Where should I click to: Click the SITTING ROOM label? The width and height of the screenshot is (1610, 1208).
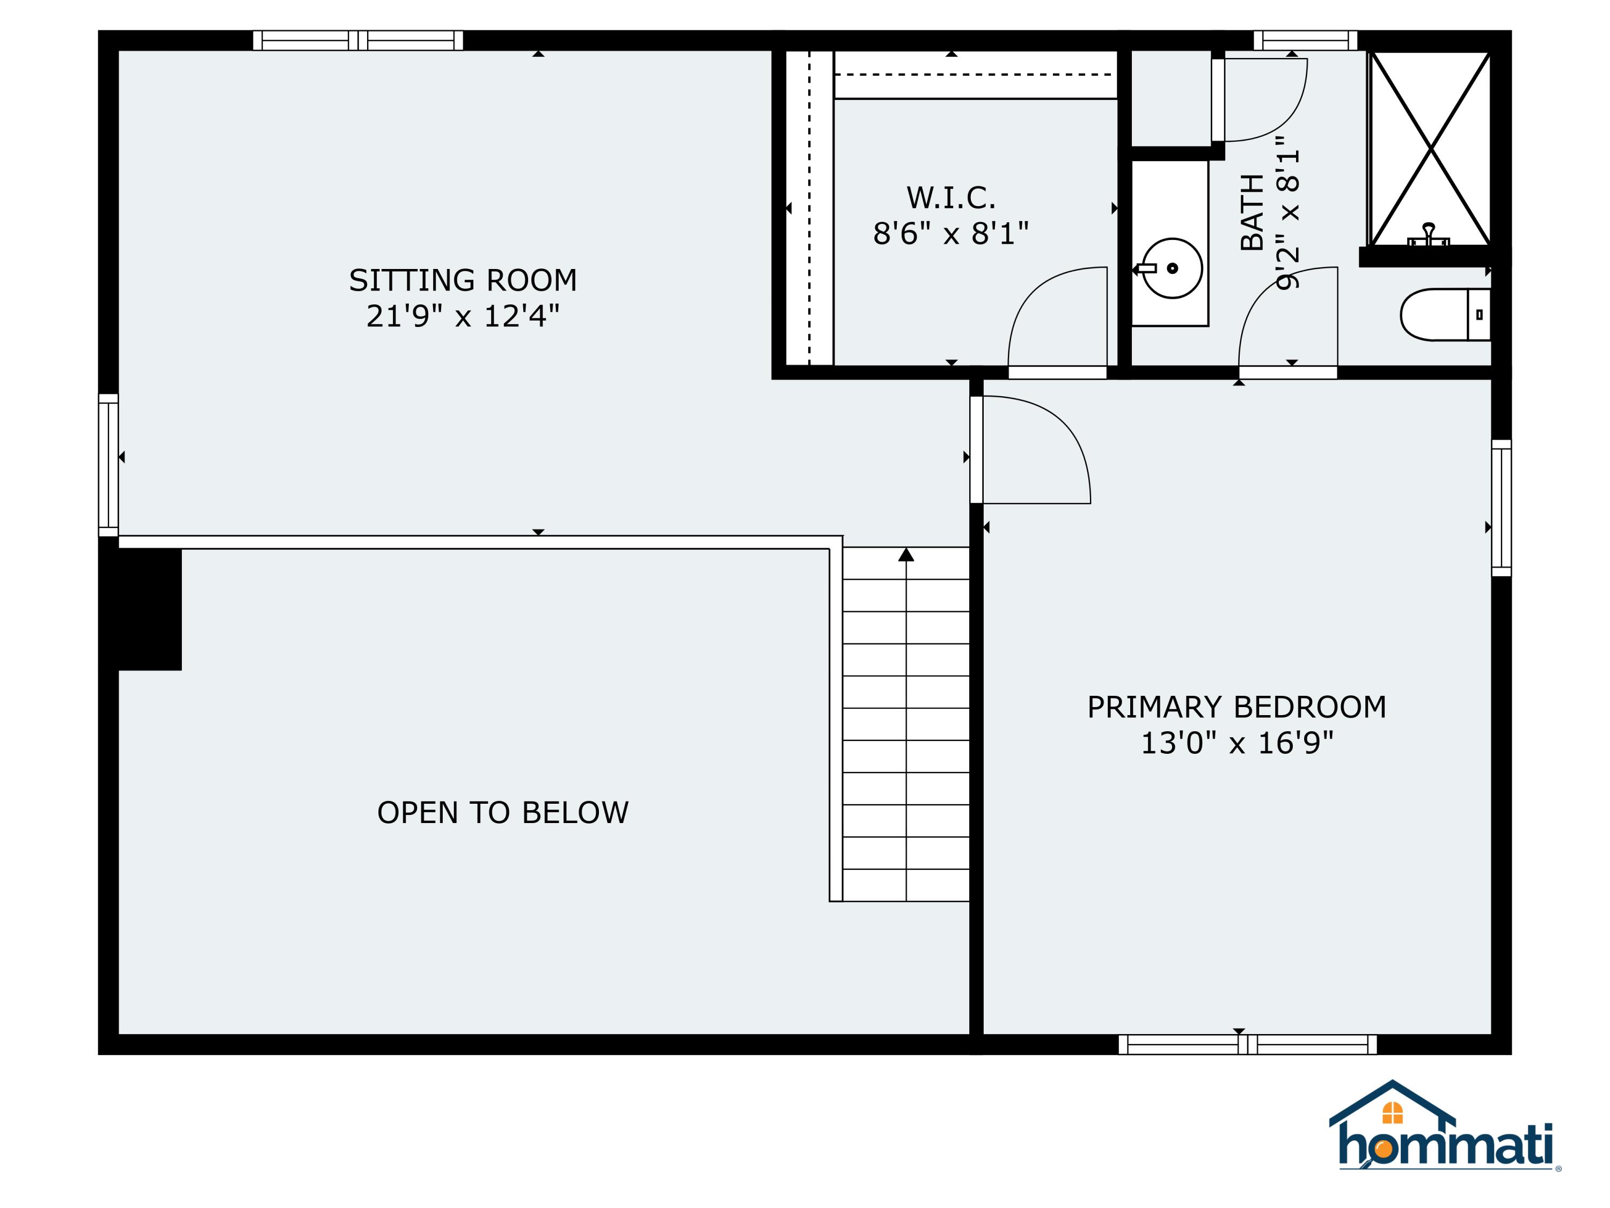(463, 280)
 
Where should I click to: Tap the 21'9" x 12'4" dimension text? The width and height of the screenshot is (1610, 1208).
(463, 317)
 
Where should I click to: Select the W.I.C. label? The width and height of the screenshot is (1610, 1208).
(950, 198)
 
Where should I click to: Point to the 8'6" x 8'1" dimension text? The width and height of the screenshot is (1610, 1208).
(950, 234)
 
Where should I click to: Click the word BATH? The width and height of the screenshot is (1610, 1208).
(1252, 213)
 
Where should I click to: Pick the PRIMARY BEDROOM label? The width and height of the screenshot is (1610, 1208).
(1236, 707)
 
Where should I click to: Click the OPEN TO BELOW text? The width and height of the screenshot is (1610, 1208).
(502, 813)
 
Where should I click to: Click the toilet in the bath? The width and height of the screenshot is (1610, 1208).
(1444, 315)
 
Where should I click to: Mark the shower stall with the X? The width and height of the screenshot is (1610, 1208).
(1430, 149)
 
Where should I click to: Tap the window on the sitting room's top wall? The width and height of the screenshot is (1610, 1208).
(357, 40)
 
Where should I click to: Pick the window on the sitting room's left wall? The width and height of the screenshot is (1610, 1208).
(108, 464)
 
